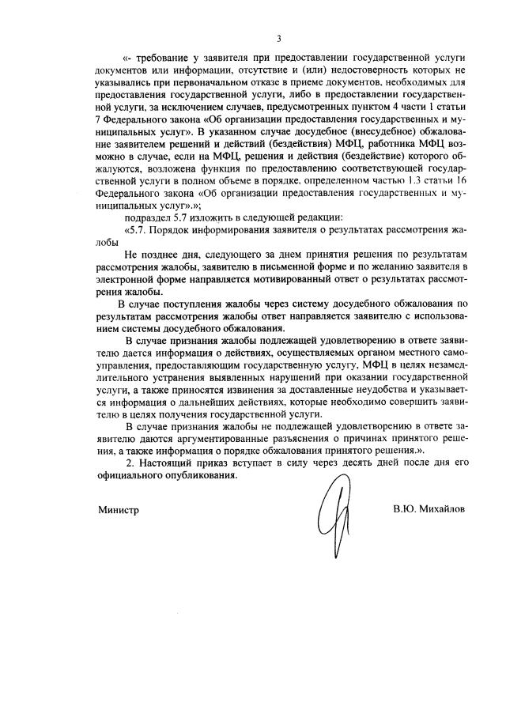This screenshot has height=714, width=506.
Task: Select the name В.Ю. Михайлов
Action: click(429, 510)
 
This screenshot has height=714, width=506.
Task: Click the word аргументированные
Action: click(230, 439)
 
